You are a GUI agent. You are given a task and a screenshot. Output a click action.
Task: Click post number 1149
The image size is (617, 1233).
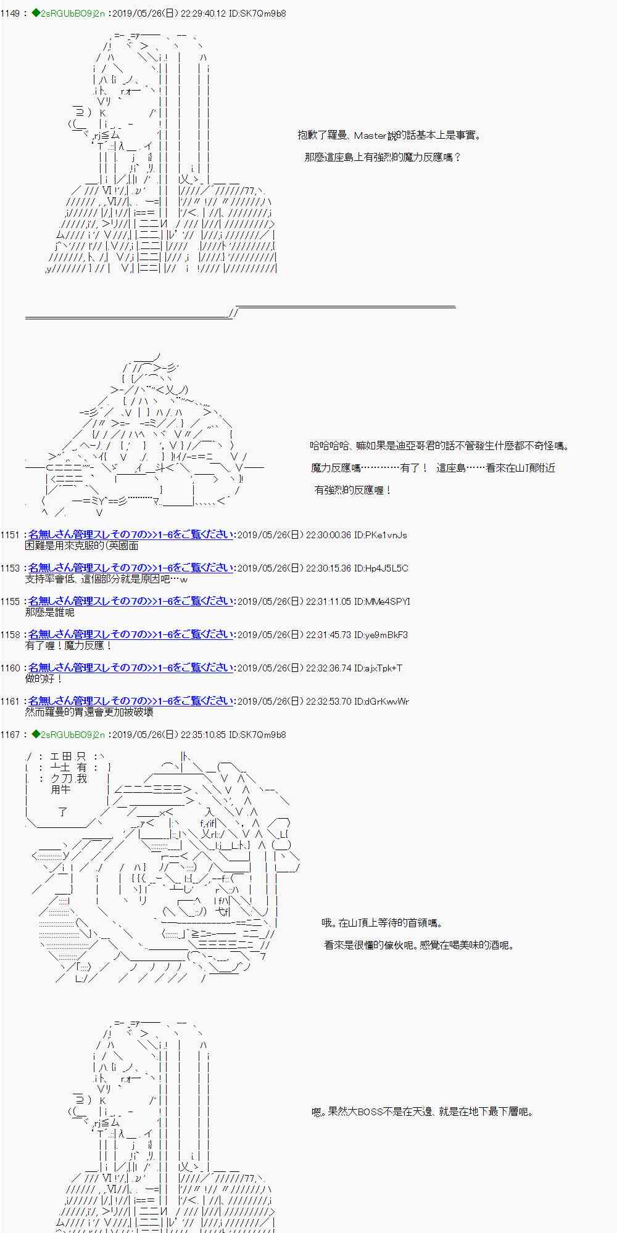[x=10, y=14]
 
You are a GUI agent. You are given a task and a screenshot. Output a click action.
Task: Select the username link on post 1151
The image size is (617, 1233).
[x=131, y=535]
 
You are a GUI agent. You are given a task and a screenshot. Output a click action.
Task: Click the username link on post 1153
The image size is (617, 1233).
[x=131, y=568]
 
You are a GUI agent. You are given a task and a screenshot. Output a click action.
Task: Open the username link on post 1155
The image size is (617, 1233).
[x=131, y=601]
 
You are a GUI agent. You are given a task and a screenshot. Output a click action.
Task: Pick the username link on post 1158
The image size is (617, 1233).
[x=131, y=634]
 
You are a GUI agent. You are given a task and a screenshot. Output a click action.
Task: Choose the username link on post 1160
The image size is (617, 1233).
[x=131, y=668]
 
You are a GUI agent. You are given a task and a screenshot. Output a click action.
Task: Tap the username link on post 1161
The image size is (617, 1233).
[x=131, y=701]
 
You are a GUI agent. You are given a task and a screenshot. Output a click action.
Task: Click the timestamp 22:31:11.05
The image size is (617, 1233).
[x=329, y=602]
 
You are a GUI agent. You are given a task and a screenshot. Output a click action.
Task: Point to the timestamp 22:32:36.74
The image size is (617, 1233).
[x=329, y=668]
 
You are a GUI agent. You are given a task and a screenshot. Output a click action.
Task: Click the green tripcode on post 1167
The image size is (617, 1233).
[x=68, y=735]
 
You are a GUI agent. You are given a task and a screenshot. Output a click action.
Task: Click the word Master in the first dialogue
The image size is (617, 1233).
[x=370, y=136]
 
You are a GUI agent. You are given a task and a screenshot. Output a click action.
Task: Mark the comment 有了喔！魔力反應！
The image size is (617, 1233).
[x=68, y=645]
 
